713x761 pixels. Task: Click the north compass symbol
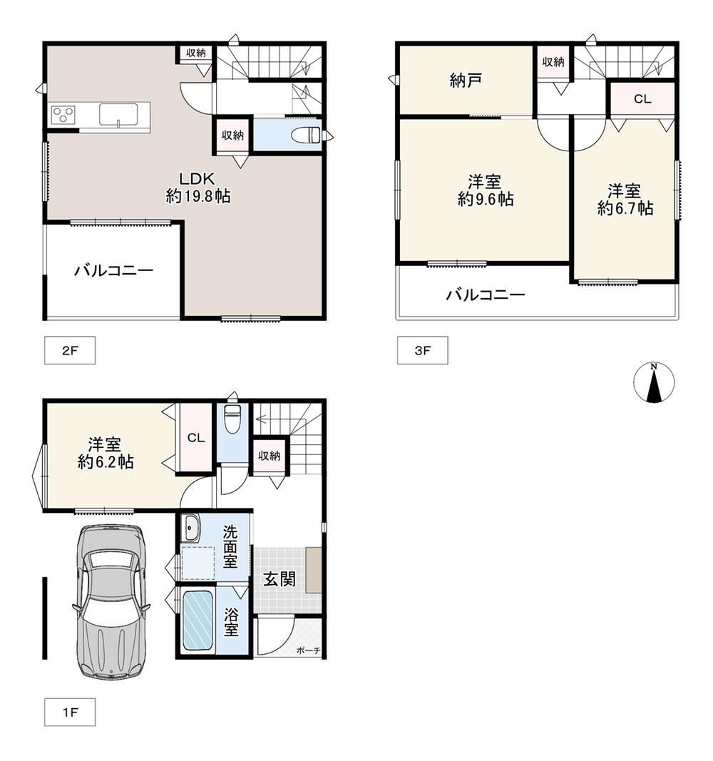pos(653,382)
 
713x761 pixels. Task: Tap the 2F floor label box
pos(70,350)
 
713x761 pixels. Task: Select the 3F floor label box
pos(423,350)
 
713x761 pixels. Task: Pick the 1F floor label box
pos(70,712)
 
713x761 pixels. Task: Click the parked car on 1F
pos(111,601)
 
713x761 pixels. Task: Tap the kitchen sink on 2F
pos(119,115)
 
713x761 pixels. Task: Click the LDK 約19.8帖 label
pos(198,188)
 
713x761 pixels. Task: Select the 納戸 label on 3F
pos(465,80)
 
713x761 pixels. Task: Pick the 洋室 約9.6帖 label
pos(485,190)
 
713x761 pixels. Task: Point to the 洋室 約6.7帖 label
pos(625,200)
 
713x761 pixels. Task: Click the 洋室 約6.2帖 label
pos(106,453)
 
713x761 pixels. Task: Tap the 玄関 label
pos(279,578)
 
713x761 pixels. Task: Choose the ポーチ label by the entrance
pos(308,650)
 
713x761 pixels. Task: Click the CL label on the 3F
pos(642,99)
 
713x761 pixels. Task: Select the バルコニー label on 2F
pos(113,270)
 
